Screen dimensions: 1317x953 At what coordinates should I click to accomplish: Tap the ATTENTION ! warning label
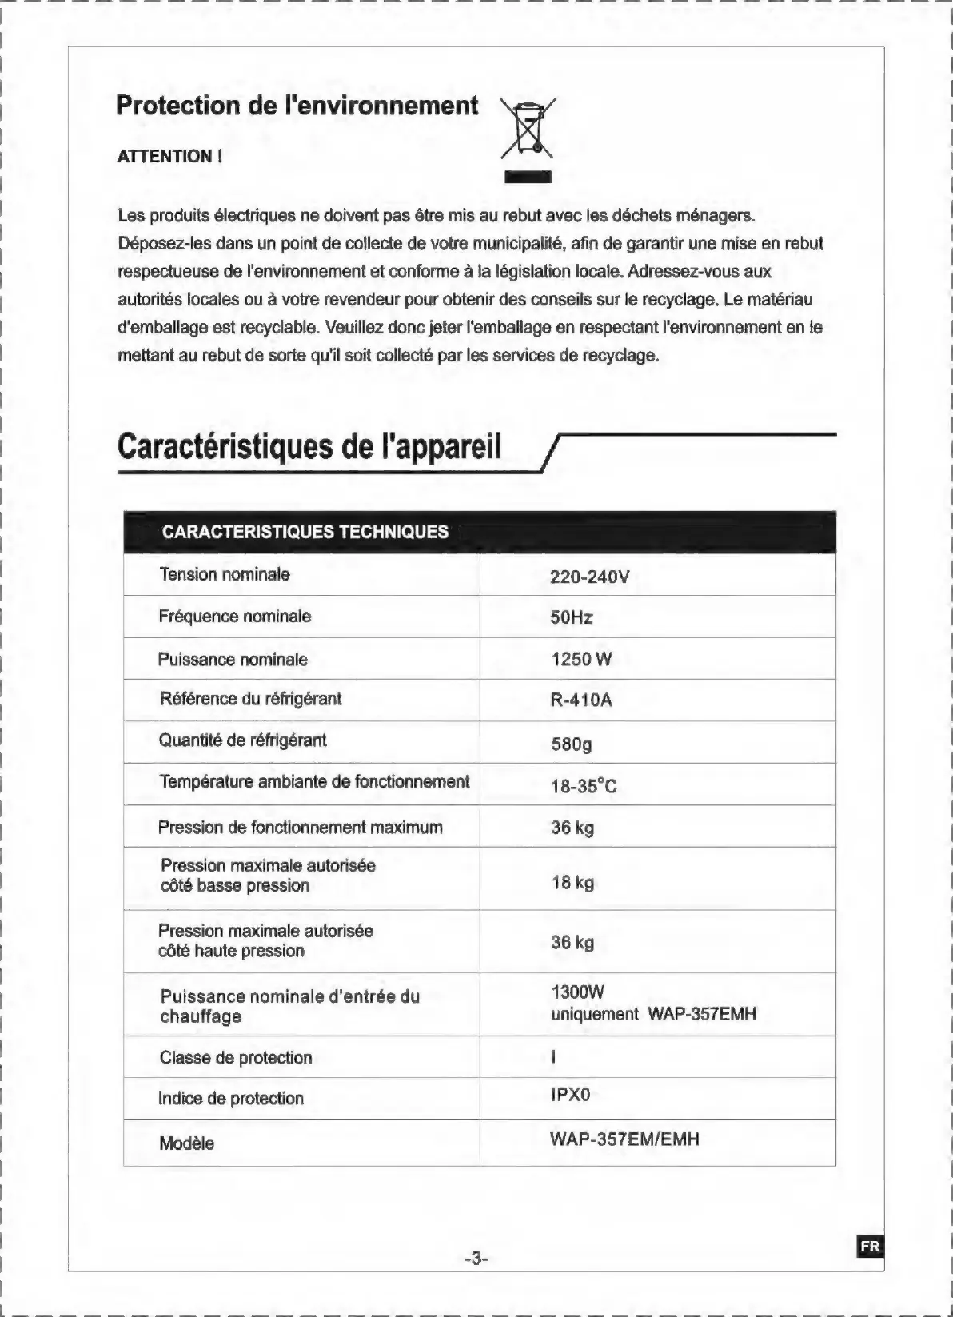[169, 156]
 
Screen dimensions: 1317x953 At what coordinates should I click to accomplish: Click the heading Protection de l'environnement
[297, 106]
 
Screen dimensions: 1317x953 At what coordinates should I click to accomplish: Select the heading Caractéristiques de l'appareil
[309, 445]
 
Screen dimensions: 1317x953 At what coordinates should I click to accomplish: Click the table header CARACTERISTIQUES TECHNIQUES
[305, 533]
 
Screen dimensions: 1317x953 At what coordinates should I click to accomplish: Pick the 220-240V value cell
[590, 577]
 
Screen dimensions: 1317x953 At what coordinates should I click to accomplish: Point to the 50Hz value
[572, 617]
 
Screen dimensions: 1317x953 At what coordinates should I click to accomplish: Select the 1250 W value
[581, 659]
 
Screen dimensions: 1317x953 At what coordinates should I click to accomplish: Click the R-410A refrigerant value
[581, 700]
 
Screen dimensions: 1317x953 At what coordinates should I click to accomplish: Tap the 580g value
[572, 744]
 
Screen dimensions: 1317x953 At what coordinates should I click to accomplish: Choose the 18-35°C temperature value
[584, 786]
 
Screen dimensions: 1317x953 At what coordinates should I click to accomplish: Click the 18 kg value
[572, 883]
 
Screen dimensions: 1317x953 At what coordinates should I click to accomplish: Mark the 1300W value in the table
[578, 992]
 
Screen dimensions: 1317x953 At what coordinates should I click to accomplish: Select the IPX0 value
[570, 1095]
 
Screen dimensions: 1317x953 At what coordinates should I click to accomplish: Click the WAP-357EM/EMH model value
[624, 1139]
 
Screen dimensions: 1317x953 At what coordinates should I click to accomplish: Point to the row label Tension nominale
[225, 574]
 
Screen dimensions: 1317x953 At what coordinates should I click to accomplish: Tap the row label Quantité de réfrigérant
[242, 740]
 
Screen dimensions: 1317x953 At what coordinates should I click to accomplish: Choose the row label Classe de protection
[236, 1057]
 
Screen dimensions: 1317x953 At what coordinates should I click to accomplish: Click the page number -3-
[476, 1259]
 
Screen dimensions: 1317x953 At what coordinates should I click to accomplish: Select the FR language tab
[870, 1246]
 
